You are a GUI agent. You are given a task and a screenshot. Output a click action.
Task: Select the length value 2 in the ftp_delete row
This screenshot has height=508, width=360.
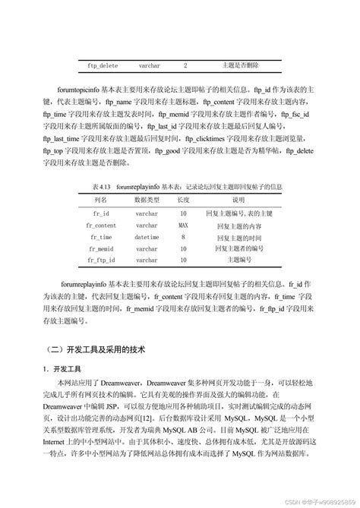coord(185,66)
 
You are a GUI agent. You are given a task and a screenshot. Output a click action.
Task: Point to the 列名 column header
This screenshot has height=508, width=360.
coord(102,199)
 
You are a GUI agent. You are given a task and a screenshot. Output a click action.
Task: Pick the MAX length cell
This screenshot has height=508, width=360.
coord(184,226)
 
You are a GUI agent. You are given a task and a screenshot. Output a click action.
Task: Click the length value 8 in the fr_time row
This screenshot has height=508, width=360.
coord(184,237)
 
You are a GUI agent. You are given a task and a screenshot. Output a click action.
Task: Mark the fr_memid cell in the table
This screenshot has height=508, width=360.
coord(102,248)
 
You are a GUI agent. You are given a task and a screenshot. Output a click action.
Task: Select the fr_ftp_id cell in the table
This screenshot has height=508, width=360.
coord(103,260)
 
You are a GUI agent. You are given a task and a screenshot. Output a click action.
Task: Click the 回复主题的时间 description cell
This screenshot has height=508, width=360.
coord(238,237)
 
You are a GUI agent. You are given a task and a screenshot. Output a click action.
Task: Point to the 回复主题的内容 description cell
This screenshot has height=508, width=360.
coord(238,226)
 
